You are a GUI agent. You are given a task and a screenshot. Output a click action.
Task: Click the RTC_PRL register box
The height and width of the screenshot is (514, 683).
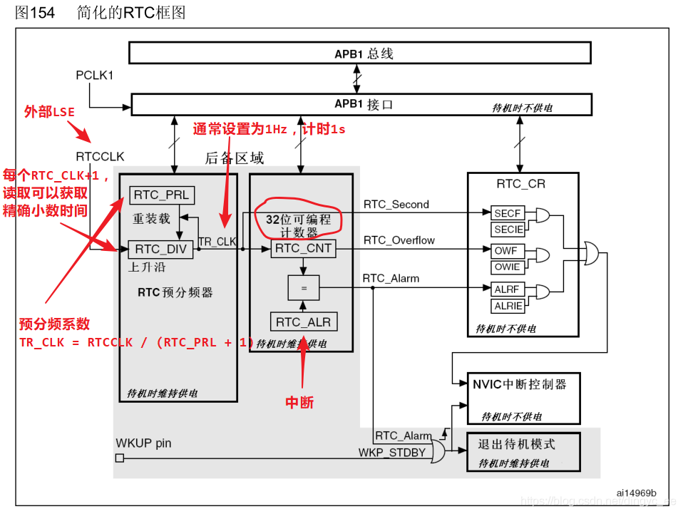(x=162, y=195)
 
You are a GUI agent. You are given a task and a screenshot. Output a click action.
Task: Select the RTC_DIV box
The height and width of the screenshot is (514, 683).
(x=160, y=249)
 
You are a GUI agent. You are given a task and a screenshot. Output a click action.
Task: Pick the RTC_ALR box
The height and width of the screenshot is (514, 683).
(x=302, y=322)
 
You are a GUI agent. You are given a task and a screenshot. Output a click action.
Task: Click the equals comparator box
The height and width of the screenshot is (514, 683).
(x=302, y=287)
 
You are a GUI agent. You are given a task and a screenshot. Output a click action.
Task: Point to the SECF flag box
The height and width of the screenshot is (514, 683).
(x=508, y=212)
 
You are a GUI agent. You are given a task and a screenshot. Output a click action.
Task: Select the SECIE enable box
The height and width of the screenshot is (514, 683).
(x=508, y=230)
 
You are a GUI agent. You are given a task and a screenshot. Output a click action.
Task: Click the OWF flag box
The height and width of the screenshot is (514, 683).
(x=508, y=251)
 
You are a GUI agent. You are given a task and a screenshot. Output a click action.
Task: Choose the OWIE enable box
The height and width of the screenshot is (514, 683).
(x=508, y=267)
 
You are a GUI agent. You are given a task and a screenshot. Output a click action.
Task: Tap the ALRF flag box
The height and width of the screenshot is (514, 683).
(x=508, y=289)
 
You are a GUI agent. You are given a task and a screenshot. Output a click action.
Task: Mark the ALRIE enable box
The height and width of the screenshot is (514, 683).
(x=508, y=306)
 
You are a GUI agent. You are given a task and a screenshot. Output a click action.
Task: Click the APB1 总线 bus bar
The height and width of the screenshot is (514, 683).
(x=359, y=53)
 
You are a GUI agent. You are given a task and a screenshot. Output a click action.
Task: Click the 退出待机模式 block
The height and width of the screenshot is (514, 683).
(x=523, y=451)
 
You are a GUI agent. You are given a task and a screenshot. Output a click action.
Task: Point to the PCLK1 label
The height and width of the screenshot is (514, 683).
(x=95, y=75)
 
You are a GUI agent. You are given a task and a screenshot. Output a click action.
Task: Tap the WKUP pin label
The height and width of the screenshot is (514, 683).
(x=143, y=443)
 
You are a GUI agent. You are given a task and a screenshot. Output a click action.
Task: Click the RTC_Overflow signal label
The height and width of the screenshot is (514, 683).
(x=399, y=240)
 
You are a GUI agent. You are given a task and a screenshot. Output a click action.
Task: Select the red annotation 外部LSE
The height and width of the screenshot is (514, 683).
(x=49, y=112)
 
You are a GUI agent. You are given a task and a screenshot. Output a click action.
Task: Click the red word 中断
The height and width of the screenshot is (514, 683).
(x=299, y=403)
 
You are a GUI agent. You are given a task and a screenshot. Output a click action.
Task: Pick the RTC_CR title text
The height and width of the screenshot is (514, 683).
(x=520, y=184)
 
